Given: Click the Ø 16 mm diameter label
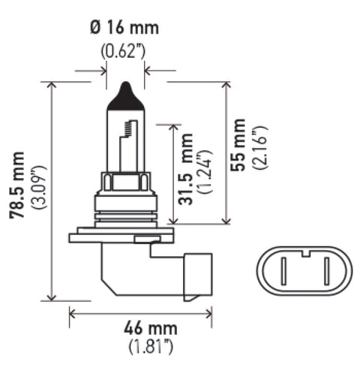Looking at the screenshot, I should pos(124,29).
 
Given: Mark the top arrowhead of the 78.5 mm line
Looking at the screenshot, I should pos(52,84).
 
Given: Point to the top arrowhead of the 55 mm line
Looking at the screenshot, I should pos(226,84).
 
